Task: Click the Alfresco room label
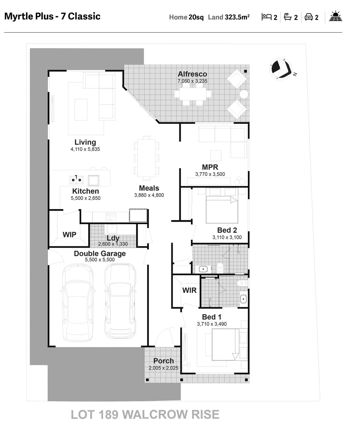coord(192,74)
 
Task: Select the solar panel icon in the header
coord(336,17)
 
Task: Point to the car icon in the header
coord(309,17)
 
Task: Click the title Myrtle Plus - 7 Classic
coord(52,16)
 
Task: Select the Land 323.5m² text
coord(229,17)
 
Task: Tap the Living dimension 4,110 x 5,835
coord(85,149)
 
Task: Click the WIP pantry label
coord(69,235)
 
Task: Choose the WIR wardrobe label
coord(189,290)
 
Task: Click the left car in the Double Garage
coord(79,302)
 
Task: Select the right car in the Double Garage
coord(120,301)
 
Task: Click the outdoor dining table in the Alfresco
coord(193,94)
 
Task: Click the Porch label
coord(163,361)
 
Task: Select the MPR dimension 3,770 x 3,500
coord(210,174)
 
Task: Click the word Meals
coord(149,188)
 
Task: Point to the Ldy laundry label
coord(113,238)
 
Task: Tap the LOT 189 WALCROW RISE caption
coord(145,414)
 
